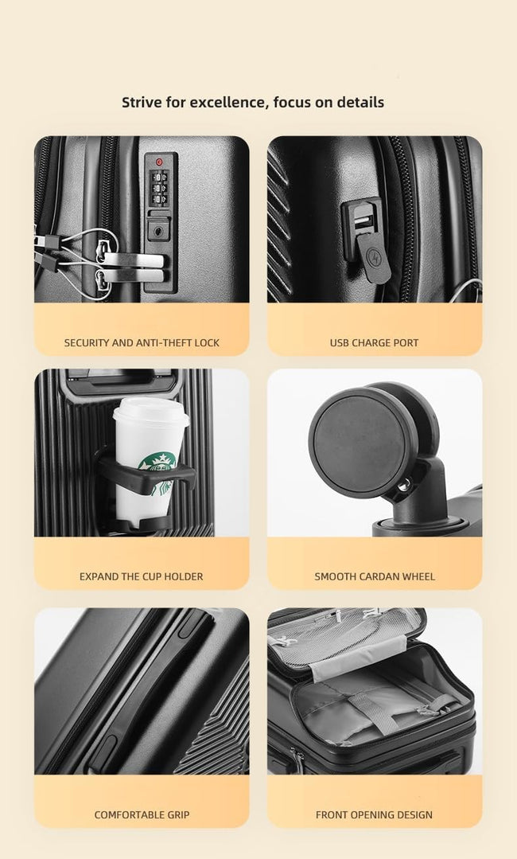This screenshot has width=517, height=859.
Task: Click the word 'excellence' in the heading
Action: [231, 102]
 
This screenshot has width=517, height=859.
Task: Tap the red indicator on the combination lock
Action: [159, 162]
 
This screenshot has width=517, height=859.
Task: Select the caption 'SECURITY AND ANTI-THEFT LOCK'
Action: [142, 343]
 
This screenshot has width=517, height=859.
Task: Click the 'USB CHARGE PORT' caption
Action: [374, 343]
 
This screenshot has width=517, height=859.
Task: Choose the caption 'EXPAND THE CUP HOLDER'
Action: [141, 576]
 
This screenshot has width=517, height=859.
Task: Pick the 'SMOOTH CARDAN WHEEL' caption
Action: [374, 576]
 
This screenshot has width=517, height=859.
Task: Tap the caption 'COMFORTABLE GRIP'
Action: [142, 814]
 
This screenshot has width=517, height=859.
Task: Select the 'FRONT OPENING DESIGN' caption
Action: [374, 814]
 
